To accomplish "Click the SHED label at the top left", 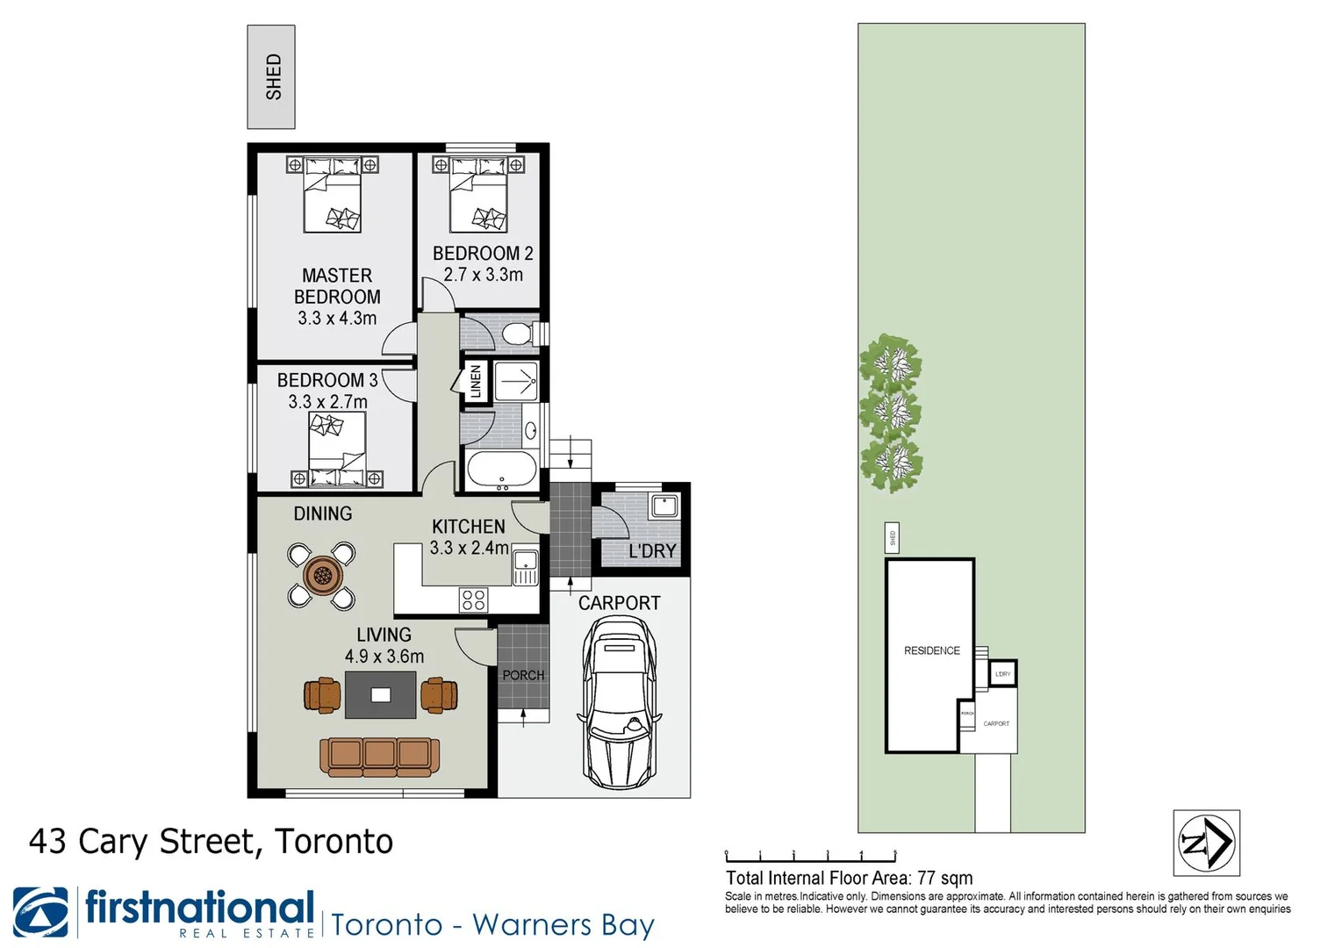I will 273,77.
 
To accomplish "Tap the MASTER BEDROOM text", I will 337,286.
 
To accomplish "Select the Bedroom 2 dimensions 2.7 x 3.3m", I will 483,275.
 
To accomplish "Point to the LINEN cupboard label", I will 476,381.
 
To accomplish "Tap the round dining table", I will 321,576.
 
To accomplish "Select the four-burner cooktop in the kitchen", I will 473,600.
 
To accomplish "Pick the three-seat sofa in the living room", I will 380,755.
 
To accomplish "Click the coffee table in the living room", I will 380,695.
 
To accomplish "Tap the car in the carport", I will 619,702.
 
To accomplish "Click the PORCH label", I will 523,675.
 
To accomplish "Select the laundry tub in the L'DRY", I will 664,506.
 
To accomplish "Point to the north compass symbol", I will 1206,843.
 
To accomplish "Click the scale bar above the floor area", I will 810,855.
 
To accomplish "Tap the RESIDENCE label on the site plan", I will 932,650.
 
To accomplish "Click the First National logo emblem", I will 41,912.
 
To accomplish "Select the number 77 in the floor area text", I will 926,878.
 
